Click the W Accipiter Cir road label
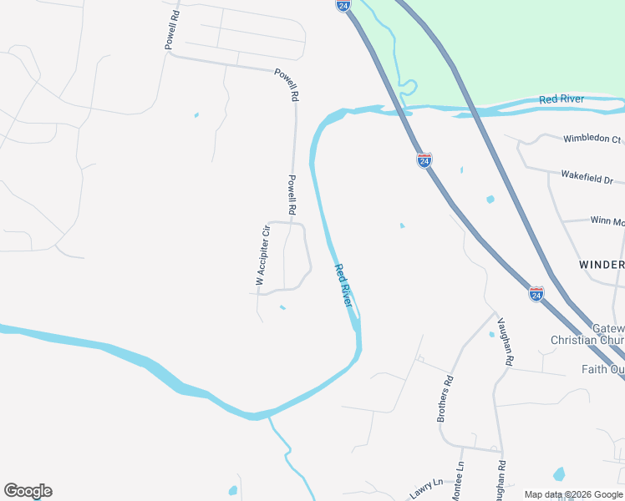tap(262, 256)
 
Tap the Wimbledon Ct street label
tap(592, 139)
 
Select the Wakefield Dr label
tap(587, 179)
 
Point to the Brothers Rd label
tap(445, 399)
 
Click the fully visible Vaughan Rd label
tap(504, 342)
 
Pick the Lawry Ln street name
tap(425, 488)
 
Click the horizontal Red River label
tap(561, 99)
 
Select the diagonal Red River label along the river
tap(343, 286)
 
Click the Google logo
tap(28, 491)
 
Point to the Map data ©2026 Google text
tap(572, 494)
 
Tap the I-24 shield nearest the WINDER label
tap(536, 294)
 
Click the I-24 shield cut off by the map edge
tap(343, 5)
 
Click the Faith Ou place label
tap(602, 369)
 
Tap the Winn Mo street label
tap(607, 221)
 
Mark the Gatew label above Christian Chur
tap(607, 328)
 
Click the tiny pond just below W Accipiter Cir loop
tap(282, 307)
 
